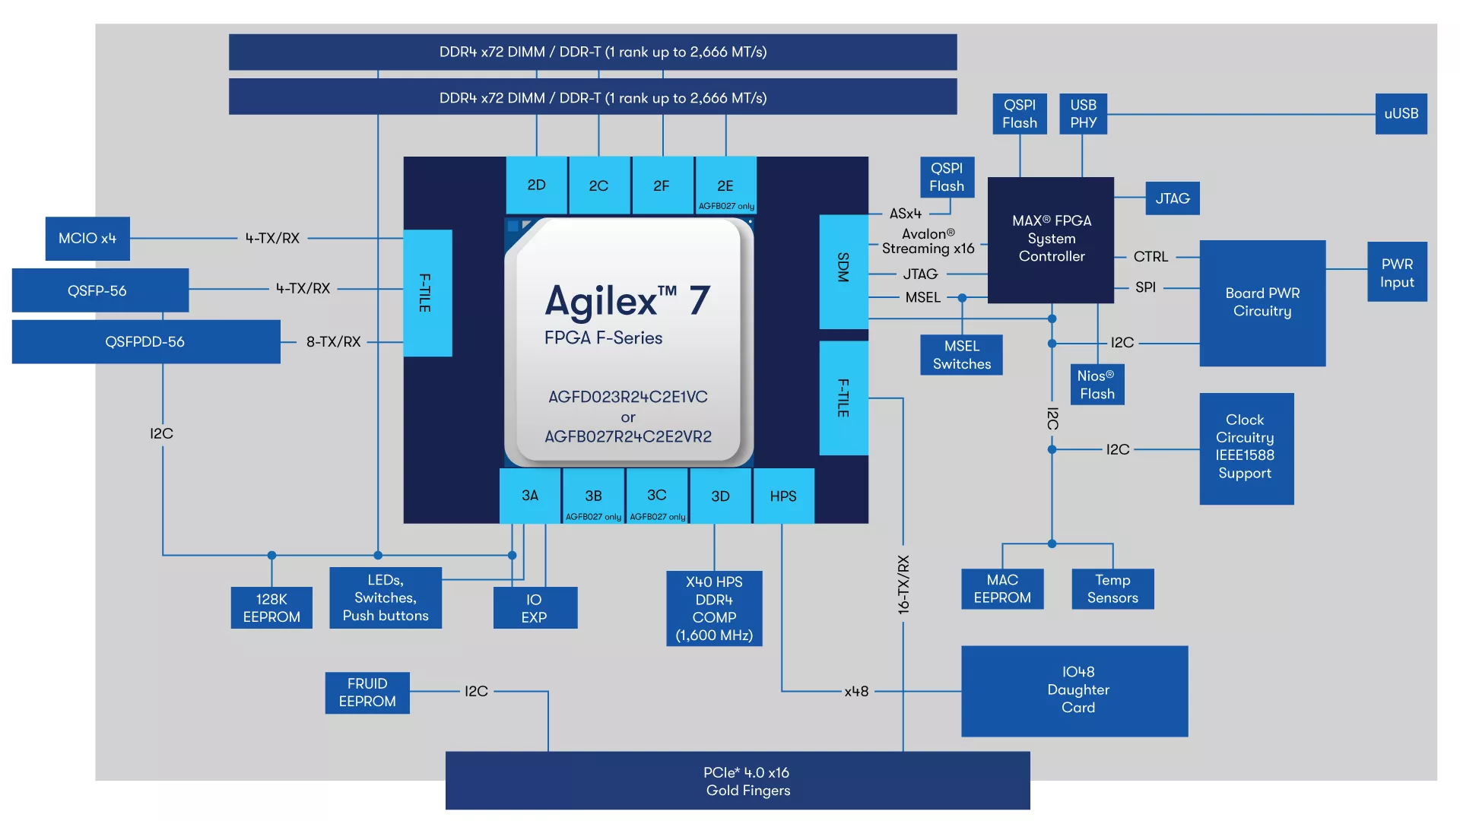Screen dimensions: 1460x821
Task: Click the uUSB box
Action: coord(1401,113)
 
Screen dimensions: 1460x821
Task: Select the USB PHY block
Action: coord(1083,113)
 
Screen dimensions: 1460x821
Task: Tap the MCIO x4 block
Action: coord(87,239)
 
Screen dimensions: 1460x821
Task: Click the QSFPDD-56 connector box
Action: coord(146,341)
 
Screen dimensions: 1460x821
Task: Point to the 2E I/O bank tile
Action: coord(725,185)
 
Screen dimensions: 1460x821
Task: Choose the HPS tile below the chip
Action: coord(783,496)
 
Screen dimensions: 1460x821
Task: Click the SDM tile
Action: coord(843,271)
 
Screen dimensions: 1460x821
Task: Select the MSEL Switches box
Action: coord(962,355)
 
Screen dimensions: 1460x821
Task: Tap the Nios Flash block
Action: coord(1097,385)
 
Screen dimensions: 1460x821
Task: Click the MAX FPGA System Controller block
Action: coord(1051,240)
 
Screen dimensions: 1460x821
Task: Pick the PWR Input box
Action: coord(1397,272)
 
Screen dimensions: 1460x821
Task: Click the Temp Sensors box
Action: coord(1112,589)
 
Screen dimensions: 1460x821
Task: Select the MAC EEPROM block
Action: coord(1002,589)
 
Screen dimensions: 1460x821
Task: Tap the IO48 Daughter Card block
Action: coord(1074,691)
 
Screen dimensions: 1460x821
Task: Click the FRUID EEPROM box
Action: coord(367,693)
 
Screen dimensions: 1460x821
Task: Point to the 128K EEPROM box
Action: coord(271,608)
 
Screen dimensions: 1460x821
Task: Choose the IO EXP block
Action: coord(535,608)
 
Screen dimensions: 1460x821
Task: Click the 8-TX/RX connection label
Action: coord(333,342)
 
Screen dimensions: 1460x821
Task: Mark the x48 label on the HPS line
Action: coord(856,692)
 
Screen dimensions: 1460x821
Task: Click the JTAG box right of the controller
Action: coord(1173,198)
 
